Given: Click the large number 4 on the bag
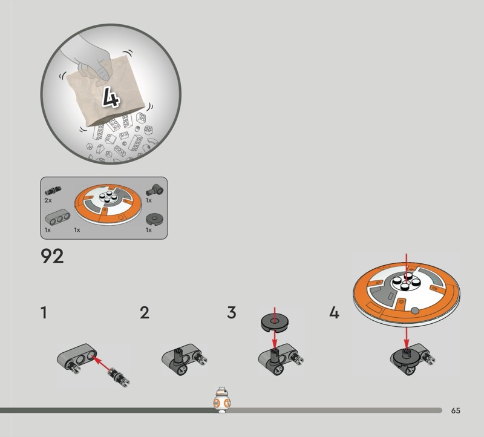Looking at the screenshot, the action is pos(111,97).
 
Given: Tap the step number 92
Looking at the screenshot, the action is pos(52,256).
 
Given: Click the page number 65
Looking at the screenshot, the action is pos(456,410).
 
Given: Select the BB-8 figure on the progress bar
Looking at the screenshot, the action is pos(221,399).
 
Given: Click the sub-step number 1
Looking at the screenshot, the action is pos(44,312).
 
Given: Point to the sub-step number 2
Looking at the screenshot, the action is pos(145,312).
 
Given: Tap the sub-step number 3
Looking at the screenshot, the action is pos(232,312).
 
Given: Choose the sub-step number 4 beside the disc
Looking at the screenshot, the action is pos(335,312).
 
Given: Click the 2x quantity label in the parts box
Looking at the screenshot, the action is pos(48,200).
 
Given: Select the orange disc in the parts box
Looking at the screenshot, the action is pos(108,203).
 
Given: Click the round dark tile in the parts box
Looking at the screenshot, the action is pos(154,219).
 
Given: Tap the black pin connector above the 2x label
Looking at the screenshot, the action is pos(53,191).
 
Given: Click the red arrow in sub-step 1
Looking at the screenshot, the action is pos(102,364).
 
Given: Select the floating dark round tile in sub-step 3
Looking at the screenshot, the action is pos(275,323).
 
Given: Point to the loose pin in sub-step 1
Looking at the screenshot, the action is pos(118,376).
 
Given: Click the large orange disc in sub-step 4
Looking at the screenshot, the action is pos(407,294).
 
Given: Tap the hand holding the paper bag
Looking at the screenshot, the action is pos(90,60).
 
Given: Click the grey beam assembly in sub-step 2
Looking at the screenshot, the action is pos(185,359).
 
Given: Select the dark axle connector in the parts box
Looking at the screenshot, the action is pos(155,189).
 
